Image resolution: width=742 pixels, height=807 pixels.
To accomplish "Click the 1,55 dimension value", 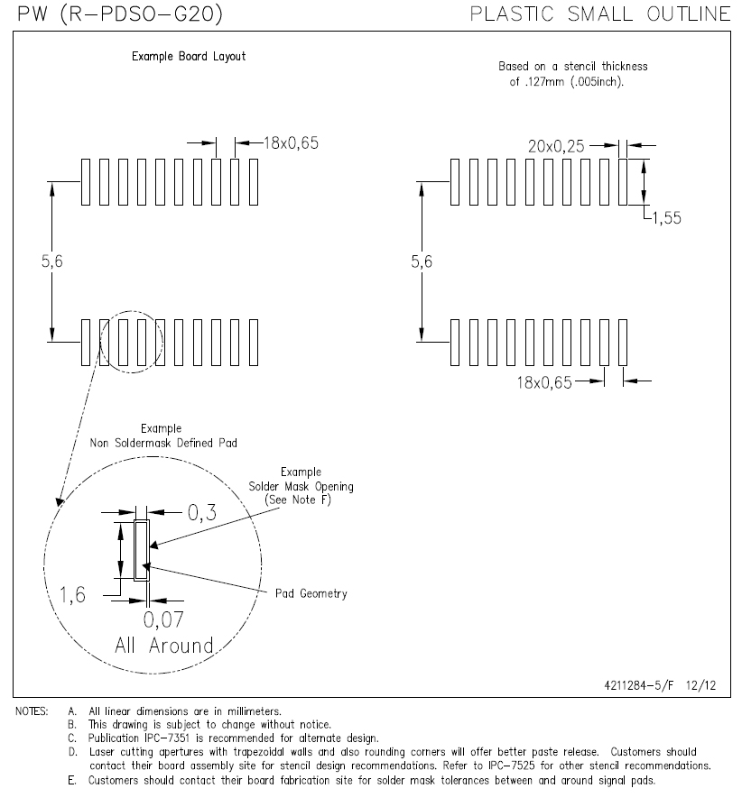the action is tap(667, 218).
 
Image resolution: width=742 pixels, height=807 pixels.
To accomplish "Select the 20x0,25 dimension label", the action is tap(556, 147).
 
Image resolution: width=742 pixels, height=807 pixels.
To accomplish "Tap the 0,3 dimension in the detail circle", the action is tap(202, 513).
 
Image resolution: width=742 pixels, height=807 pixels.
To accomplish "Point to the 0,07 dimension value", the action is tap(162, 619).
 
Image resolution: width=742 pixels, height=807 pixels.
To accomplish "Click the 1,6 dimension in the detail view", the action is tap(72, 595).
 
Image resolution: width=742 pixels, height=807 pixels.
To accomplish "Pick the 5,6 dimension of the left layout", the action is tap(52, 261).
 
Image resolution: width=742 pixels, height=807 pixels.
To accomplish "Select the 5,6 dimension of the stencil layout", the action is tap(422, 262).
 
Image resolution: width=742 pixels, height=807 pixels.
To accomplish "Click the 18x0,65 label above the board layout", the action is tap(292, 143).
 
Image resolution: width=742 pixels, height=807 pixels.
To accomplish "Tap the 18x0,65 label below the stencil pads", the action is tap(544, 383).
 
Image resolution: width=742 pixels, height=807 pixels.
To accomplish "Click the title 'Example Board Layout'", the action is tap(189, 56).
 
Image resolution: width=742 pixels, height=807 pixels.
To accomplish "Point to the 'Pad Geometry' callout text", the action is tap(311, 593).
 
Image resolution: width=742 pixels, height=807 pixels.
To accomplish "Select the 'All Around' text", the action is tap(164, 646).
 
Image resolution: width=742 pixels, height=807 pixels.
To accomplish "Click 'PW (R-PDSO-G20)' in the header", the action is tap(120, 14).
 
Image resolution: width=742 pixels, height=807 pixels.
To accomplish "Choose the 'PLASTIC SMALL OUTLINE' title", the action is tap(600, 14).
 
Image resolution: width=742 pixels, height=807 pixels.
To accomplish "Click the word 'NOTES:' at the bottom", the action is tap(32, 711).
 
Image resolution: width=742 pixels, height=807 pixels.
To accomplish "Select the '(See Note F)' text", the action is tap(298, 500).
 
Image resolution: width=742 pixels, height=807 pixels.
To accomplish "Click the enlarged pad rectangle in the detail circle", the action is tap(142, 550).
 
